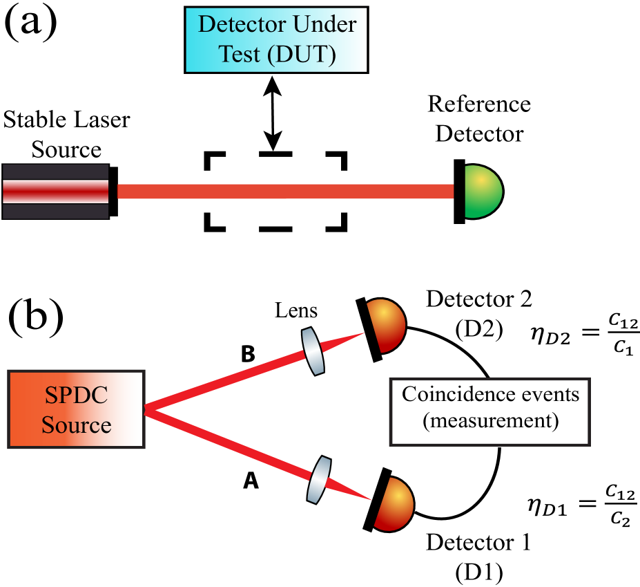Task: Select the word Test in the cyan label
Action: point(239,54)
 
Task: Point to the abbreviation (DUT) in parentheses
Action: point(302,54)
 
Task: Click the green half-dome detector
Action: point(481,192)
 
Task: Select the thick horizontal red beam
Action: point(285,192)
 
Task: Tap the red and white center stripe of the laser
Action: point(55,192)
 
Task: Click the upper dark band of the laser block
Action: point(55,171)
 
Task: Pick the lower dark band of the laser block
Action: point(55,211)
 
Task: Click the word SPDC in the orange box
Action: point(76,396)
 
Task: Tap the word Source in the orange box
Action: point(76,424)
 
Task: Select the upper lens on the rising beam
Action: point(313,351)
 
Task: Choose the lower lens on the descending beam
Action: point(318,478)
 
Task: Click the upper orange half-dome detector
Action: point(385,326)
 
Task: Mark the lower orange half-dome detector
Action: point(393,504)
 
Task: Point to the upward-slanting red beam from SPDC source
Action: point(228,380)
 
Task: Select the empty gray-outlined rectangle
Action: point(489,411)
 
